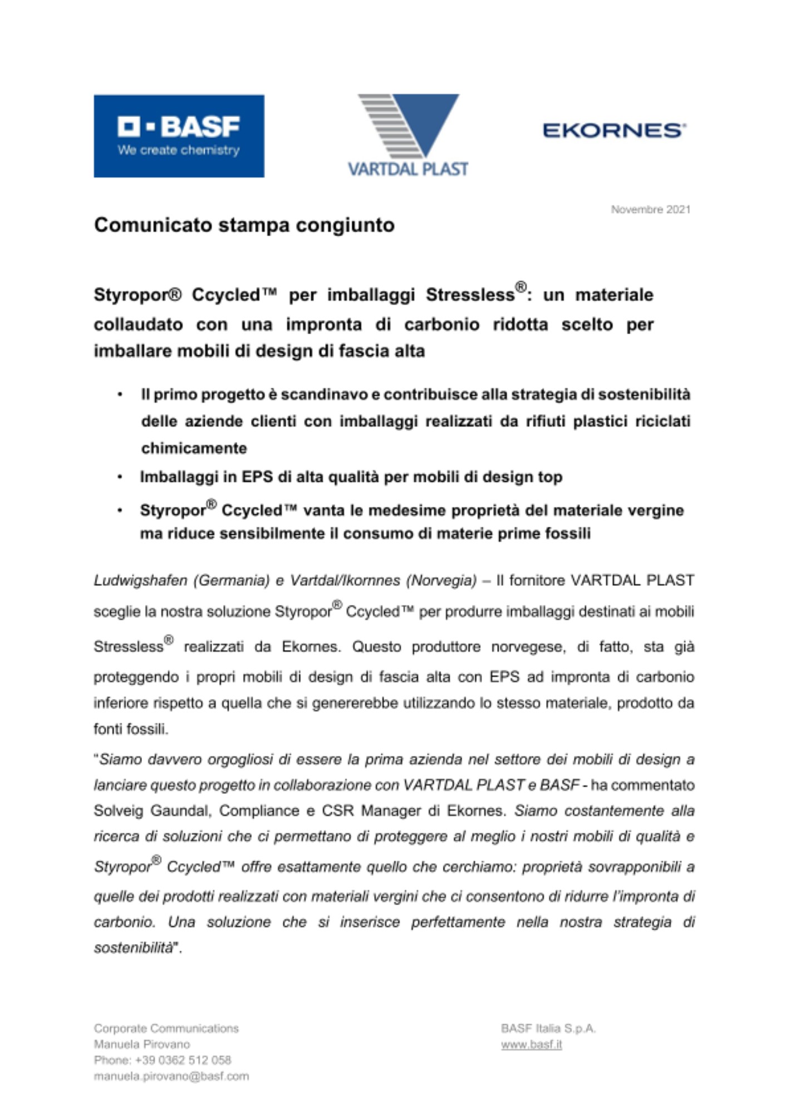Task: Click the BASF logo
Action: tap(179, 136)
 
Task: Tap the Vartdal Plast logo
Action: tap(408, 135)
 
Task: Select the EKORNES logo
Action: tap(614, 130)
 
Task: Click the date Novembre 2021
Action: tap(650, 209)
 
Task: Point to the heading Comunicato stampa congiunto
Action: tap(244, 225)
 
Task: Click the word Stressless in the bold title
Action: tap(470, 295)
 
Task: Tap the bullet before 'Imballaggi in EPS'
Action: tap(120, 477)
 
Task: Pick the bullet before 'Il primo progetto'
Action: tap(120, 395)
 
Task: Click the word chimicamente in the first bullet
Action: tap(194, 448)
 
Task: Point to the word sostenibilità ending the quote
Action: tap(134, 947)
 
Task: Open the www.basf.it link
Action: tap(531, 1044)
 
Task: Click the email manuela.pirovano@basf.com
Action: tap(171, 1076)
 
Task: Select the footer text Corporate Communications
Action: tap(166, 1028)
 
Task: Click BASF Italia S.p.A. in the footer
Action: tap(548, 1028)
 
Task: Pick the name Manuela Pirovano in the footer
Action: tap(142, 1044)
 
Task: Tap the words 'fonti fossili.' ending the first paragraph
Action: tap(131, 729)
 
